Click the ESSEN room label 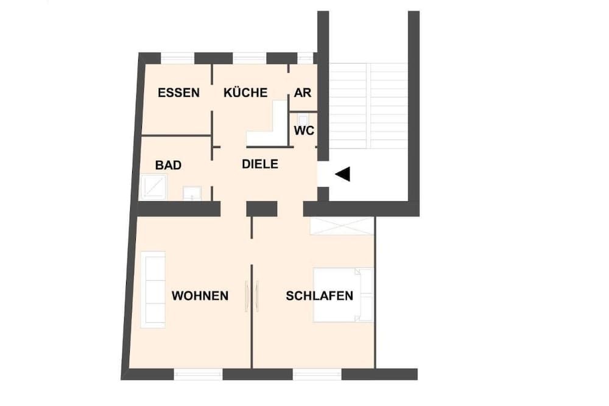pyautogui.click(x=178, y=93)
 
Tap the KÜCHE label pyautogui.click(x=245, y=93)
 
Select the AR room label pyautogui.click(x=303, y=93)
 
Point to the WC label pyautogui.click(x=304, y=131)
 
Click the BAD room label pyautogui.click(x=168, y=165)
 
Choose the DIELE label pyautogui.click(x=260, y=164)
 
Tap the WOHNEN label pyautogui.click(x=200, y=296)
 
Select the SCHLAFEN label pyautogui.click(x=320, y=296)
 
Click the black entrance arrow pyautogui.click(x=343, y=174)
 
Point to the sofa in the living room pyautogui.click(x=153, y=289)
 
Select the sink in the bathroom pyautogui.click(x=192, y=194)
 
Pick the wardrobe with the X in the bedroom pyautogui.click(x=341, y=225)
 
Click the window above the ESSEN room pyautogui.click(x=177, y=58)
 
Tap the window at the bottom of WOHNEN pyautogui.click(x=199, y=374)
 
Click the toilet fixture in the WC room pyautogui.click(x=303, y=120)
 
